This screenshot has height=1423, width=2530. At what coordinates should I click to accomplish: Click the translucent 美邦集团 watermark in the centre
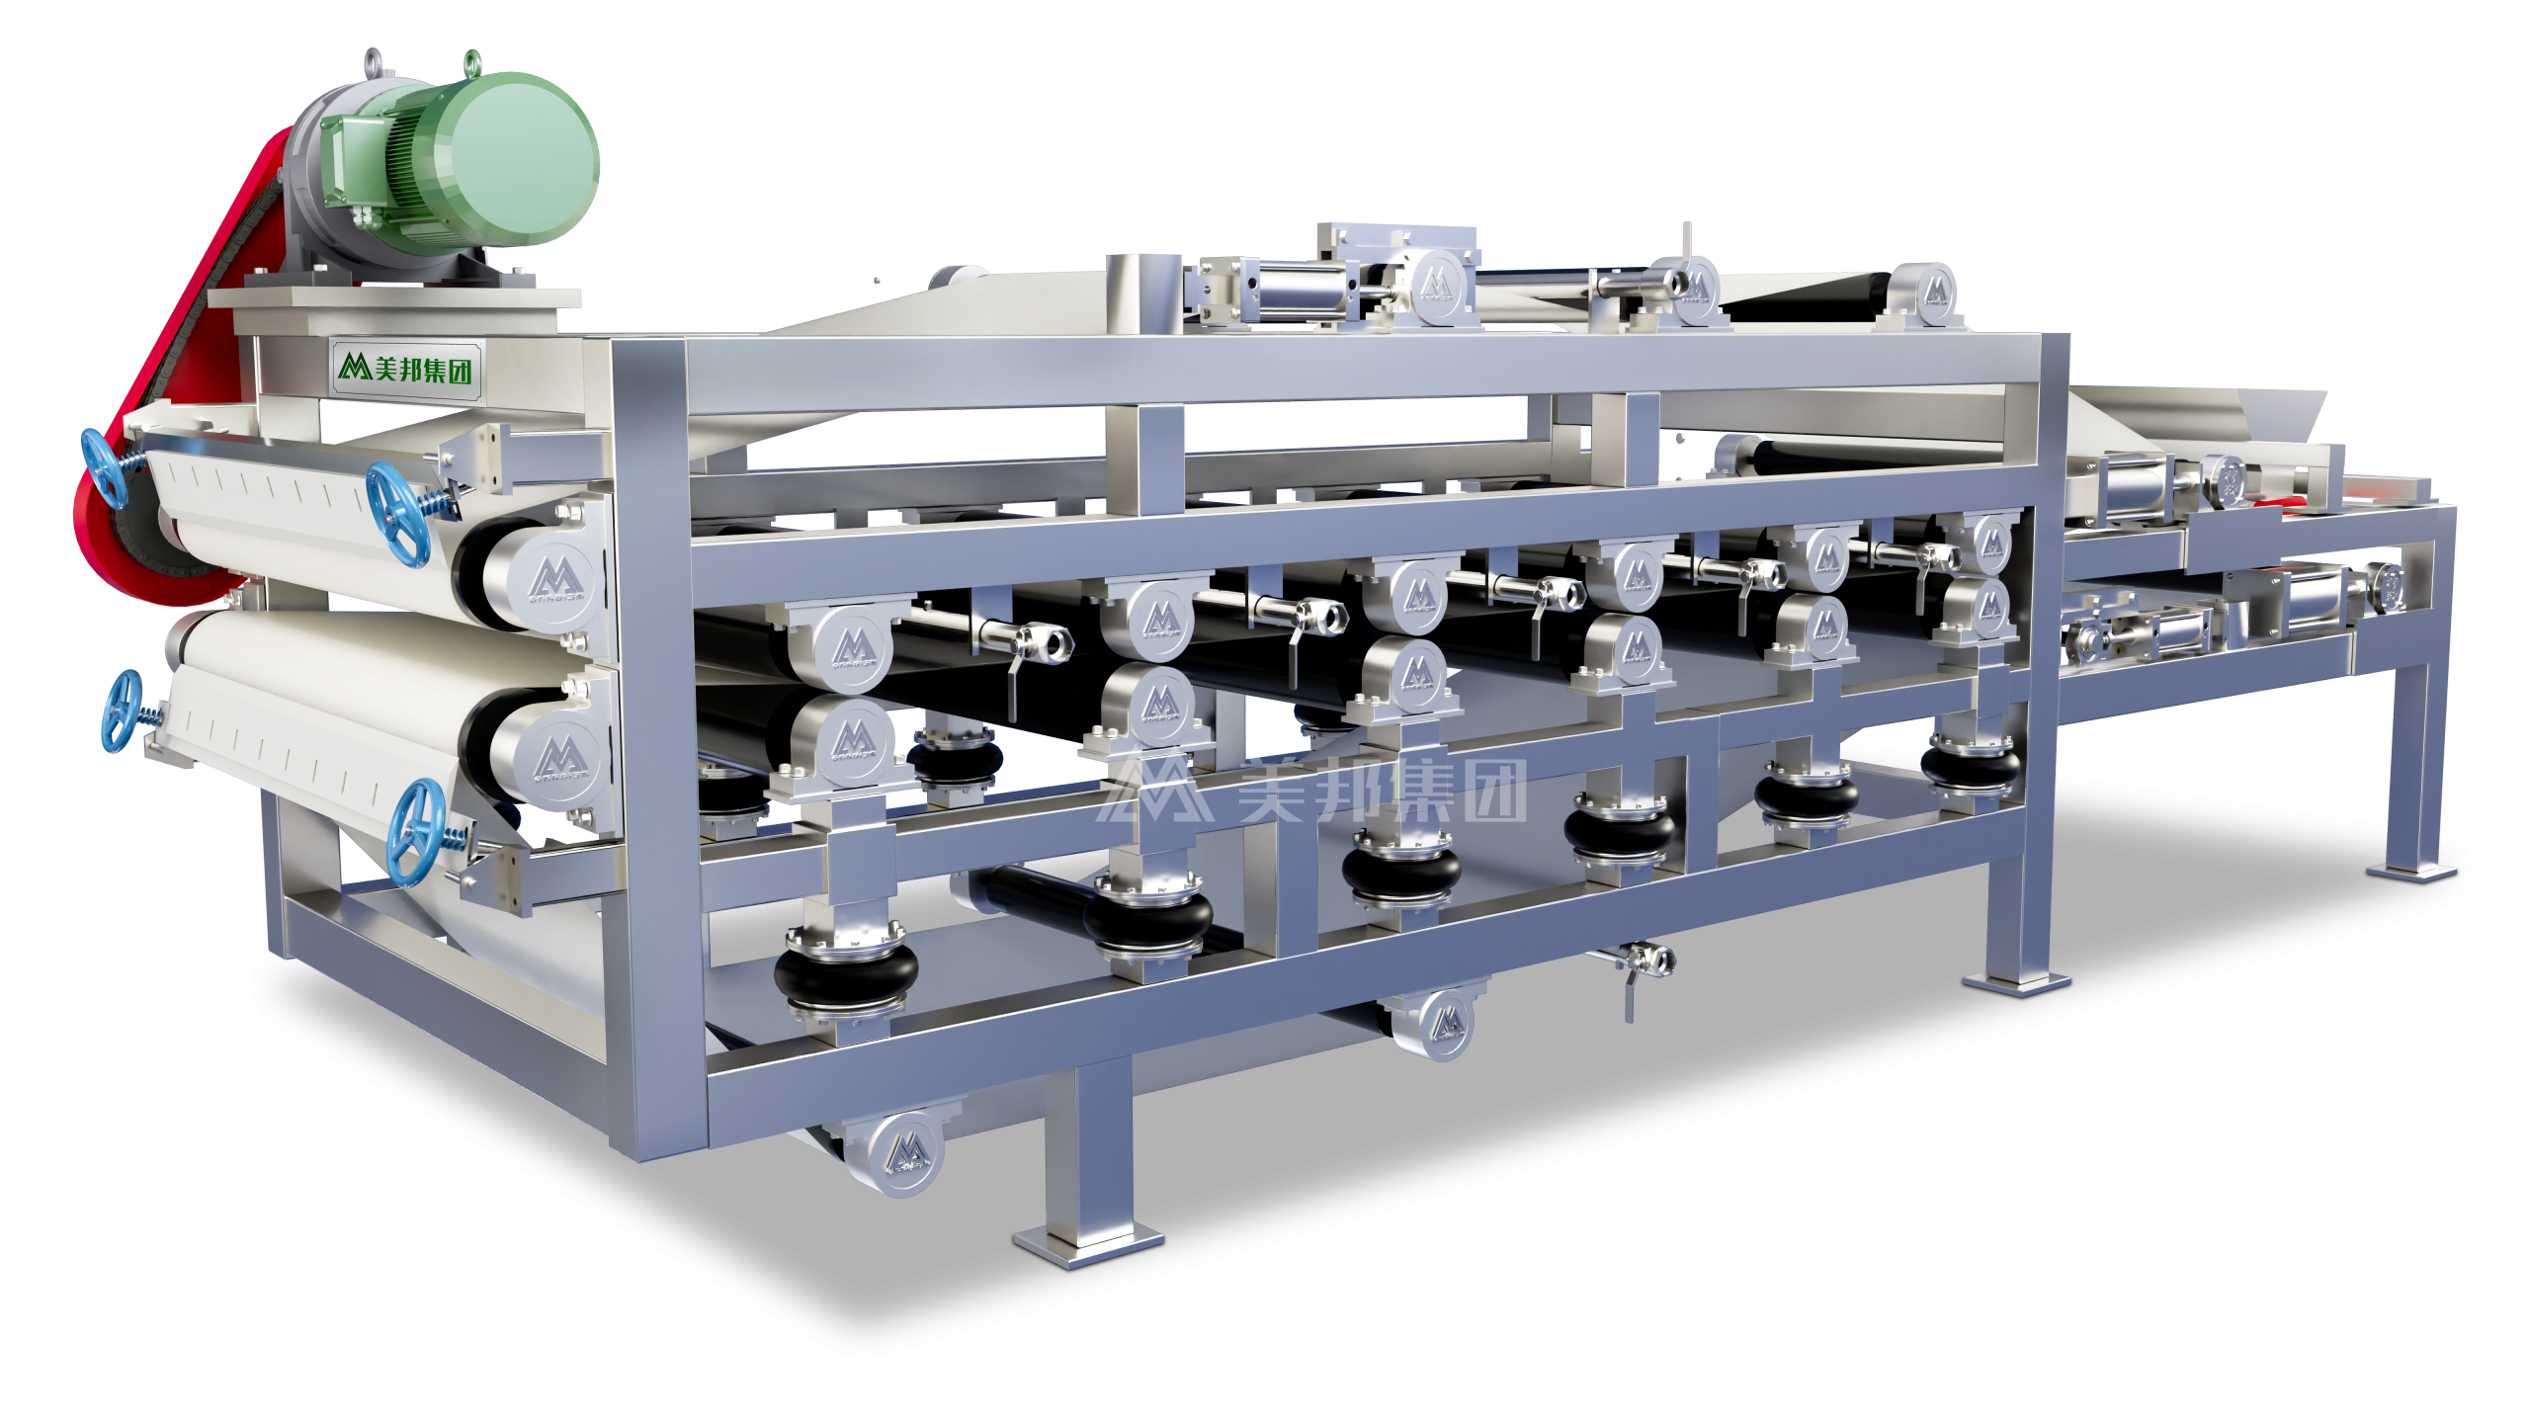point(1314,791)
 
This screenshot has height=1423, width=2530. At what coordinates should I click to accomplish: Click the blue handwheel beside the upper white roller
point(397,514)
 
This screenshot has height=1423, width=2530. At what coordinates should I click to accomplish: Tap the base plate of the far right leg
point(2411,870)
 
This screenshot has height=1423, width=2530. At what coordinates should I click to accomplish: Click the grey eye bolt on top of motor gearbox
point(373,62)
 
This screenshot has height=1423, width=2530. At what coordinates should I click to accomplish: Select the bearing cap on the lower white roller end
point(559,760)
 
